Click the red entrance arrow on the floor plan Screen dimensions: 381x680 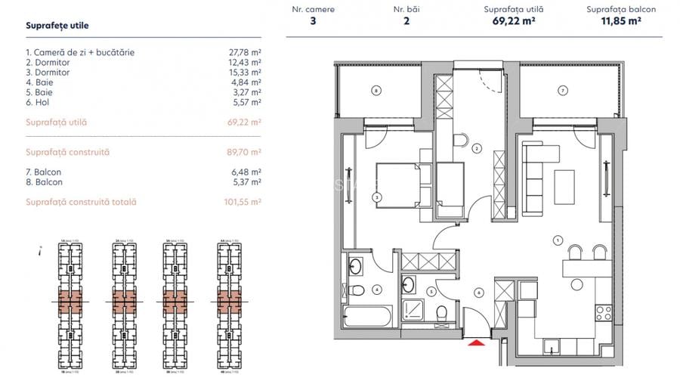[474, 343]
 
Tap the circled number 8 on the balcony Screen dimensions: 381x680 [376, 91]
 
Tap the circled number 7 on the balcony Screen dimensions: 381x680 [562, 91]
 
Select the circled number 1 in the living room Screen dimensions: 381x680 [557, 240]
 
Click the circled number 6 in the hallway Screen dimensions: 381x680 [478, 293]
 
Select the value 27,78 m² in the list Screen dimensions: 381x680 [245, 53]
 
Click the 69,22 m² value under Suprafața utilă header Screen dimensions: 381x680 [513, 22]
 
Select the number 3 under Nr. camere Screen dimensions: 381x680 [313, 22]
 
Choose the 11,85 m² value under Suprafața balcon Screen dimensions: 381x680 [620, 22]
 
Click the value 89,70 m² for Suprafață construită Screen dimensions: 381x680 [244, 152]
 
